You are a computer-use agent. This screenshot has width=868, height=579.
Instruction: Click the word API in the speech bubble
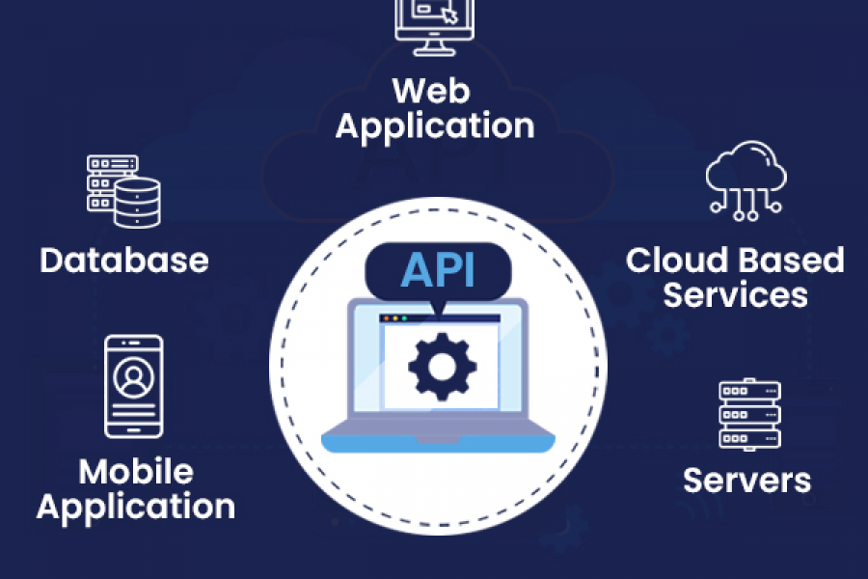pyautogui.click(x=437, y=269)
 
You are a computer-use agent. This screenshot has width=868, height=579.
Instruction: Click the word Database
pyautogui.click(x=124, y=260)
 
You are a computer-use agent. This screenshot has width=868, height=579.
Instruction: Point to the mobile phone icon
pyautogui.click(x=134, y=387)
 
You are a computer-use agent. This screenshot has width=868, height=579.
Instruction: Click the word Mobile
pyautogui.click(x=136, y=472)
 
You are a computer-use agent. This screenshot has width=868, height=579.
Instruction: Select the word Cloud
pyautogui.click(x=676, y=260)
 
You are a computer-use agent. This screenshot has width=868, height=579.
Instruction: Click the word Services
pyautogui.click(x=735, y=294)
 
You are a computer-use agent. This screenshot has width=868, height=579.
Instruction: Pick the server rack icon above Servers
pyautogui.click(x=749, y=414)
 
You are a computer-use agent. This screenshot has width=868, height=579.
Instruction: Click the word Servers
pyautogui.click(x=747, y=480)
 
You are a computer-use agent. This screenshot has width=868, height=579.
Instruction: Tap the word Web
pyautogui.click(x=431, y=92)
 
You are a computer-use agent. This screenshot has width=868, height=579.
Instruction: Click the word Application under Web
pyautogui.click(x=434, y=126)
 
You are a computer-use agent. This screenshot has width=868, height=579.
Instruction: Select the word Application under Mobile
pyautogui.click(x=136, y=507)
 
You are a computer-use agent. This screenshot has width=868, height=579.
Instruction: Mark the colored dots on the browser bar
pyautogui.click(x=393, y=317)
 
